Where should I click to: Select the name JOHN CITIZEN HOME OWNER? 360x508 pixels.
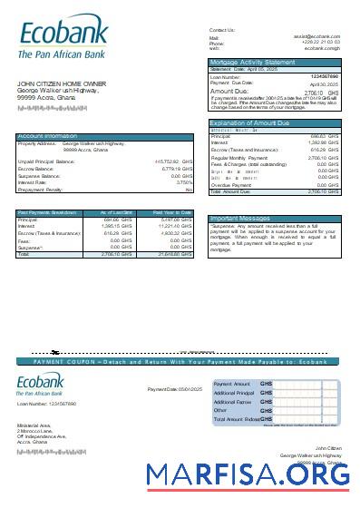(x=58, y=83)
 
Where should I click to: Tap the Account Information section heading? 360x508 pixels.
(x=48, y=136)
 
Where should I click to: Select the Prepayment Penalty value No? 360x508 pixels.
(x=189, y=190)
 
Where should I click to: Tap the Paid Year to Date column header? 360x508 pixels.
(x=171, y=212)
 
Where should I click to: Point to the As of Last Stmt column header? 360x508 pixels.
(x=116, y=212)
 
